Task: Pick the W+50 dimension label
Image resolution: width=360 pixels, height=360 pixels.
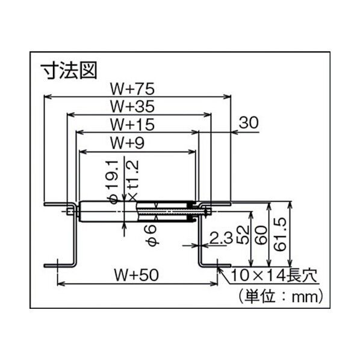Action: coord(135,275)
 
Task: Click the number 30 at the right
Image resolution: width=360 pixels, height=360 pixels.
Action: coord(249,122)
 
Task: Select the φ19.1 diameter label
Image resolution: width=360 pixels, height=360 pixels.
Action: coord(110,181)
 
